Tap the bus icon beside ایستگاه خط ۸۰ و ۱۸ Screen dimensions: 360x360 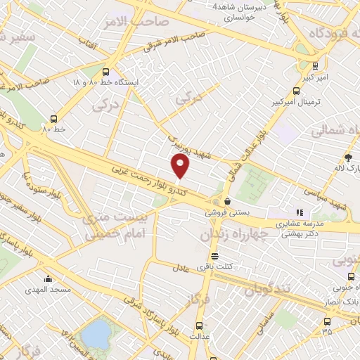click(x=105, y=72)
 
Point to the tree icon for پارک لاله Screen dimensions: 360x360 click(x=348, y=157)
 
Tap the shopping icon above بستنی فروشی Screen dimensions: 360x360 click(x=226, y=200)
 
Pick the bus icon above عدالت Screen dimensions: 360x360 click(x=199, y=325)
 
